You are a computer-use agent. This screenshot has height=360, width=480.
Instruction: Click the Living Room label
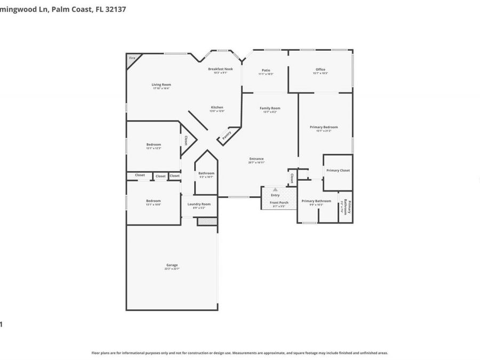(161, 84)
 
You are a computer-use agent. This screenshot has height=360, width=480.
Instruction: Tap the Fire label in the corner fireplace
(131, 58)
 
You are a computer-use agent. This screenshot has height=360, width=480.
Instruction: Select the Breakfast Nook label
(220, 69)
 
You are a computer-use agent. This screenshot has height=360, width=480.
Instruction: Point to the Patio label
(266, 70)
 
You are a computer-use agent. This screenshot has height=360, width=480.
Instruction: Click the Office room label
(320, 69)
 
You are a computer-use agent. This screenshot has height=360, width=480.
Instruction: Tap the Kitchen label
(217, 107)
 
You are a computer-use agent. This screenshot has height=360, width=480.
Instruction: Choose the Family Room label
(270, 108)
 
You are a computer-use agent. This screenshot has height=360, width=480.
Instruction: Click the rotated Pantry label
(227, 134)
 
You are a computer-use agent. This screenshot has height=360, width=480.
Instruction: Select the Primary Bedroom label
(324, 127)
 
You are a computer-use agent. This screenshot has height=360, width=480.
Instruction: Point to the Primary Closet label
(338, 170)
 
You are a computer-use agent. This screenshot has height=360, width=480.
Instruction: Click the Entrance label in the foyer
(257, 158)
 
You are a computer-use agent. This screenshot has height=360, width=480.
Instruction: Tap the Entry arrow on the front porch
(275, 189)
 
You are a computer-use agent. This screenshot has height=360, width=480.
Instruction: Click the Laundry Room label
(199, 204)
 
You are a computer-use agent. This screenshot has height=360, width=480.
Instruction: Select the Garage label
(172, 265)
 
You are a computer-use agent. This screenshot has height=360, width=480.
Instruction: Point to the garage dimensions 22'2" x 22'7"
(172, 269)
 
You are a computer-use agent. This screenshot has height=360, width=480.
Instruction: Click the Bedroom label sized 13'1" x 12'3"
(154, 144)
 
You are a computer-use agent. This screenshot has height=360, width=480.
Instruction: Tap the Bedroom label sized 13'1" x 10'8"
(154, 201)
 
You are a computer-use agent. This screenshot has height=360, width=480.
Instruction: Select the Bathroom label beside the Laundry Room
(206, 173)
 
